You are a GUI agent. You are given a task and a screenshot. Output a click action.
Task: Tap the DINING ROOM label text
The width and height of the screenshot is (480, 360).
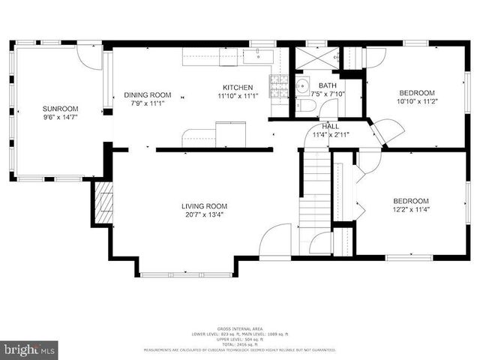pos(148,94)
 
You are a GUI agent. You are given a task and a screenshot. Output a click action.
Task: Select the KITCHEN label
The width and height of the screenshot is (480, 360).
pos(238,88)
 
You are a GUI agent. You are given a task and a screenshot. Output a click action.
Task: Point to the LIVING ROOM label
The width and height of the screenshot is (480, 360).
pos(204,206)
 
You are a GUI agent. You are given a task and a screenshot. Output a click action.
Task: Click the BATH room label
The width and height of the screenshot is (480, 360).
pos(328,85)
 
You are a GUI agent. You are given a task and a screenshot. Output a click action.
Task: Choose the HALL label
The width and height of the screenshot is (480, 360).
pos(331,127)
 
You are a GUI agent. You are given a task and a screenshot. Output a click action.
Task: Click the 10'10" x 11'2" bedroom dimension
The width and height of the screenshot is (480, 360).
pos(411,100)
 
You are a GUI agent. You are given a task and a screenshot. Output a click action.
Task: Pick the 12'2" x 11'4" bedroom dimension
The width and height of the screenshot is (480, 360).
pos(411,210)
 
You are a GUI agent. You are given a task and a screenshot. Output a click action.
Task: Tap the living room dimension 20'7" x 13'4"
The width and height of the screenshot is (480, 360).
pos(204,215)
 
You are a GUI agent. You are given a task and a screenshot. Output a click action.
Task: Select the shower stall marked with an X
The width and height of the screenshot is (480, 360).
pos(315,58)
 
